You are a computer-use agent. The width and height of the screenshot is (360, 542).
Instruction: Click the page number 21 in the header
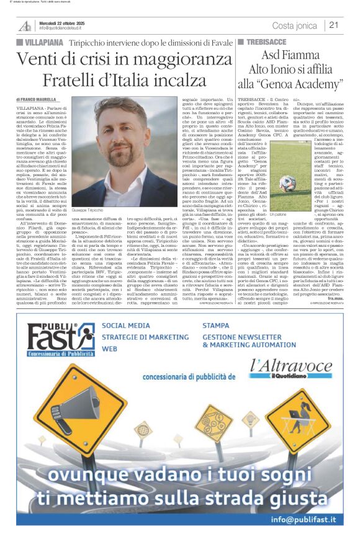click(334, 25)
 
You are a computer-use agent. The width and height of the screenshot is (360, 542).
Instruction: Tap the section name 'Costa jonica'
click(295, 25)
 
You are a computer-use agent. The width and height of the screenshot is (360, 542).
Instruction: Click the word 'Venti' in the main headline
click(37, 60)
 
